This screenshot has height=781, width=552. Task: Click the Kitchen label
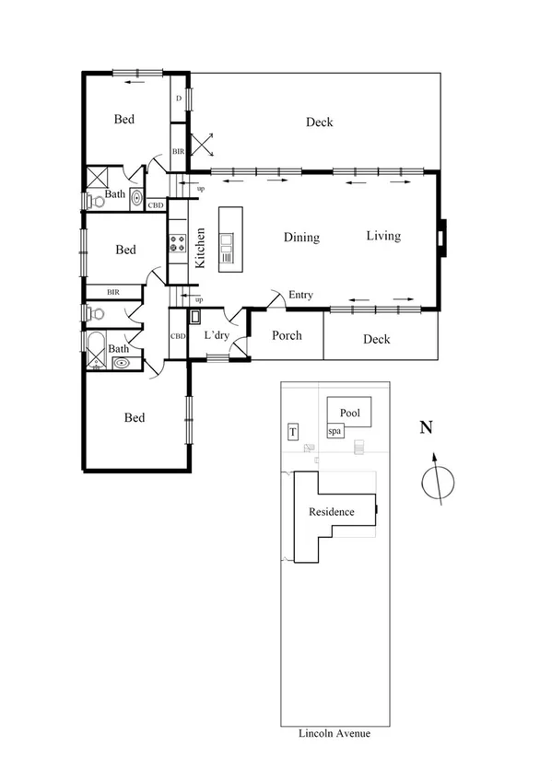pyautogui.click(x=200, y=248)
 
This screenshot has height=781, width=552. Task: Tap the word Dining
pyautogui.click(x=301, y=238)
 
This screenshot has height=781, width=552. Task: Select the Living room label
pyautogui.click(x=383, y=236)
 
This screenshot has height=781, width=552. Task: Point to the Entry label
pyautogui.click(x=300, y=295)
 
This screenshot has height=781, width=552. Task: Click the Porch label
pyautogui.click(x=287, y=335)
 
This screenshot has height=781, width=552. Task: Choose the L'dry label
pyautogui.click(x=217, y=335)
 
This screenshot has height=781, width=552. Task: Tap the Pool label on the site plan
pyautogui.click(x=349, y=414)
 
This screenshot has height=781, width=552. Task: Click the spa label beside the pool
pyautogui.click(x=335, y=431)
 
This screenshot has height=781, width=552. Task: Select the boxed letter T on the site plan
pyautogui.click(x=293, y=432)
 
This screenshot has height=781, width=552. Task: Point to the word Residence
pyautogui.click(x=331, y=512)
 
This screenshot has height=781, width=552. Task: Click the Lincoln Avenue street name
pyautogui.click(x=334, y=734)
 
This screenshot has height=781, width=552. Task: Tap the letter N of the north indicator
pyautogui.click(x=426, y=427)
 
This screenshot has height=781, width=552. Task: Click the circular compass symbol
pyautogui.click(x=440, y=481)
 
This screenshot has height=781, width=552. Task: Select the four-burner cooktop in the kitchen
pyautogui.click(x=177, y=244)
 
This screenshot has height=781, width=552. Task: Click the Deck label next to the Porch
pyautogui.click(x=376, y=339)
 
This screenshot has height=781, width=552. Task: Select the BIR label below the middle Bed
pyautogui.click(x=113, y=292)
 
